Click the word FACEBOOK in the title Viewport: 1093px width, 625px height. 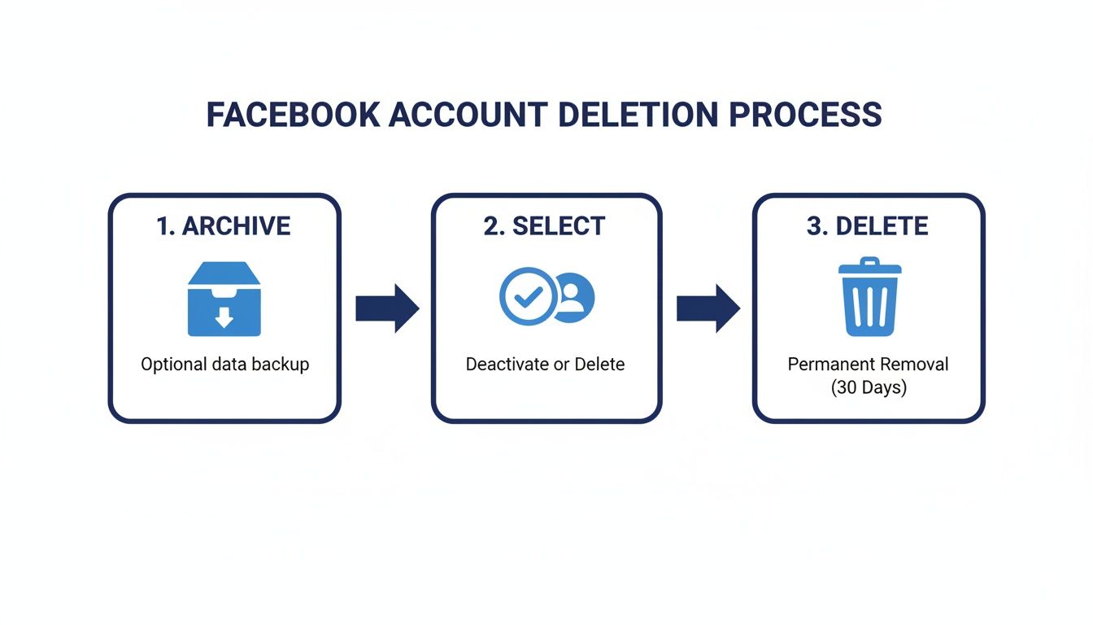pyautogui.click(x=292, y=115)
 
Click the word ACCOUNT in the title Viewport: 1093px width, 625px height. pyautogui.click(x=469, y=115)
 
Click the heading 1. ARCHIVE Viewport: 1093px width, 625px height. pyautogui.click(x=224, y=226)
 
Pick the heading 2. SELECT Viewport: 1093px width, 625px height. pyautogui.click(x=545, y=226)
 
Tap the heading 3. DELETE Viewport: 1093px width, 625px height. pyautogui.click(x=868, y=226)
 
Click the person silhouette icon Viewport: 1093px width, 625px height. pyautogui.click(x=573, y=297)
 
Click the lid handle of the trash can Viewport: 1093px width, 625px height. pyautogui.click(x=870, y=262)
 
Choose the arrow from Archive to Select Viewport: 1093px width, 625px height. pyautogui.click(x=387, y=308)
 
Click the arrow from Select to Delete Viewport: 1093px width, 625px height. pyautogui.click(x=708, y=308)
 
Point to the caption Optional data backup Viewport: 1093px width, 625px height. pyautogui.click(x=225, y=365)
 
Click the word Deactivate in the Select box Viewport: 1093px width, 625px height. pyautogui.click(x=507, y=365)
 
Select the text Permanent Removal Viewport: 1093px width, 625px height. pyautogui.click(x=868, y=364)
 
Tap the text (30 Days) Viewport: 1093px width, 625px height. pyautogui.click(x=869, y=388)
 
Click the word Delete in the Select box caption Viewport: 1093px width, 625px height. pyautogui.click(x=599, y=365)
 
